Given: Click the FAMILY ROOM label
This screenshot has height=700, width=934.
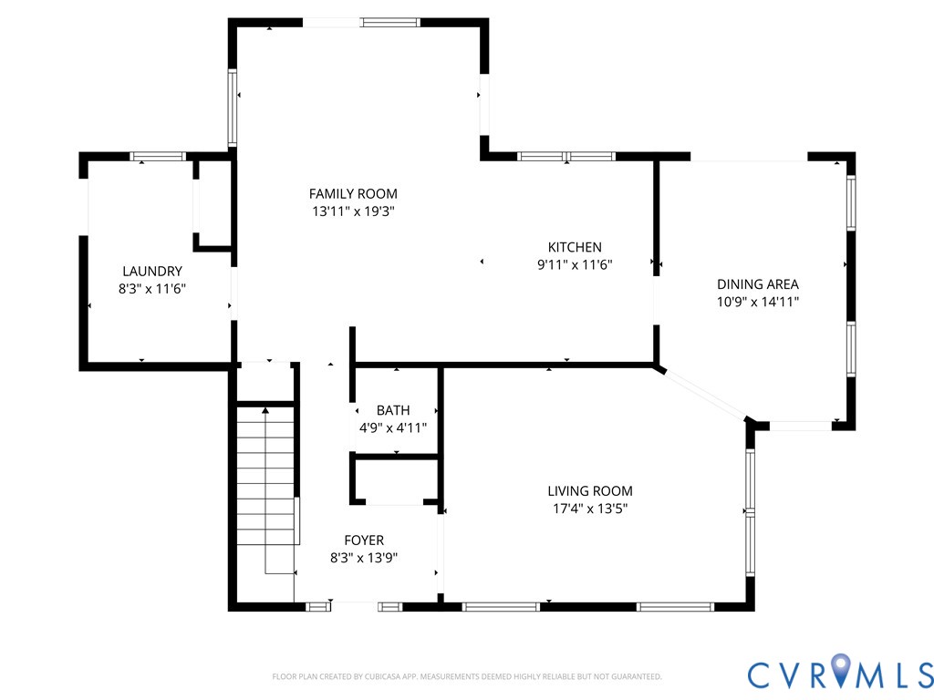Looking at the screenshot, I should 353,193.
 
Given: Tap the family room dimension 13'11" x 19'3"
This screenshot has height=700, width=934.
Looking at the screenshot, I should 353,211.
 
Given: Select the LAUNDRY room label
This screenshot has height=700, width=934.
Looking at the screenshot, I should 152,271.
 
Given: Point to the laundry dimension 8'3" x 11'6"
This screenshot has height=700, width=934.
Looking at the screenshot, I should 152,288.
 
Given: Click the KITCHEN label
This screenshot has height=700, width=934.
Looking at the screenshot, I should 574,247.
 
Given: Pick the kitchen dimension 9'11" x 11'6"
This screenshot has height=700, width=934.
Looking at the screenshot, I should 574,265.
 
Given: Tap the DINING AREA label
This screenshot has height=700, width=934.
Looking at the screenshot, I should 757,284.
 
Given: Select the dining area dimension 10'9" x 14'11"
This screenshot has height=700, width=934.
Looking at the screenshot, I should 757,302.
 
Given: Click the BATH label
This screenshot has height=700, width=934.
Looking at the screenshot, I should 393,410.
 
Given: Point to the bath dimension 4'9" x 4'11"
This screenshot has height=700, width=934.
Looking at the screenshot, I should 393,427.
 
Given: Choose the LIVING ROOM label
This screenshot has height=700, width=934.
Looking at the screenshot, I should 589,490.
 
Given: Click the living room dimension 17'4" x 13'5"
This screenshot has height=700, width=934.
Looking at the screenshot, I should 589,509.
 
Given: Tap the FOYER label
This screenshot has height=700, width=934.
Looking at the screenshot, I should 364,540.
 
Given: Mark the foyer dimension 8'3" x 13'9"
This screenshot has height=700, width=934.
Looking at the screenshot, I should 364,557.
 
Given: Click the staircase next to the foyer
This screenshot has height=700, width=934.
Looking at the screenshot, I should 265,483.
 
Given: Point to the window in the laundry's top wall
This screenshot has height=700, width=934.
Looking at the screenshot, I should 159,157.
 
